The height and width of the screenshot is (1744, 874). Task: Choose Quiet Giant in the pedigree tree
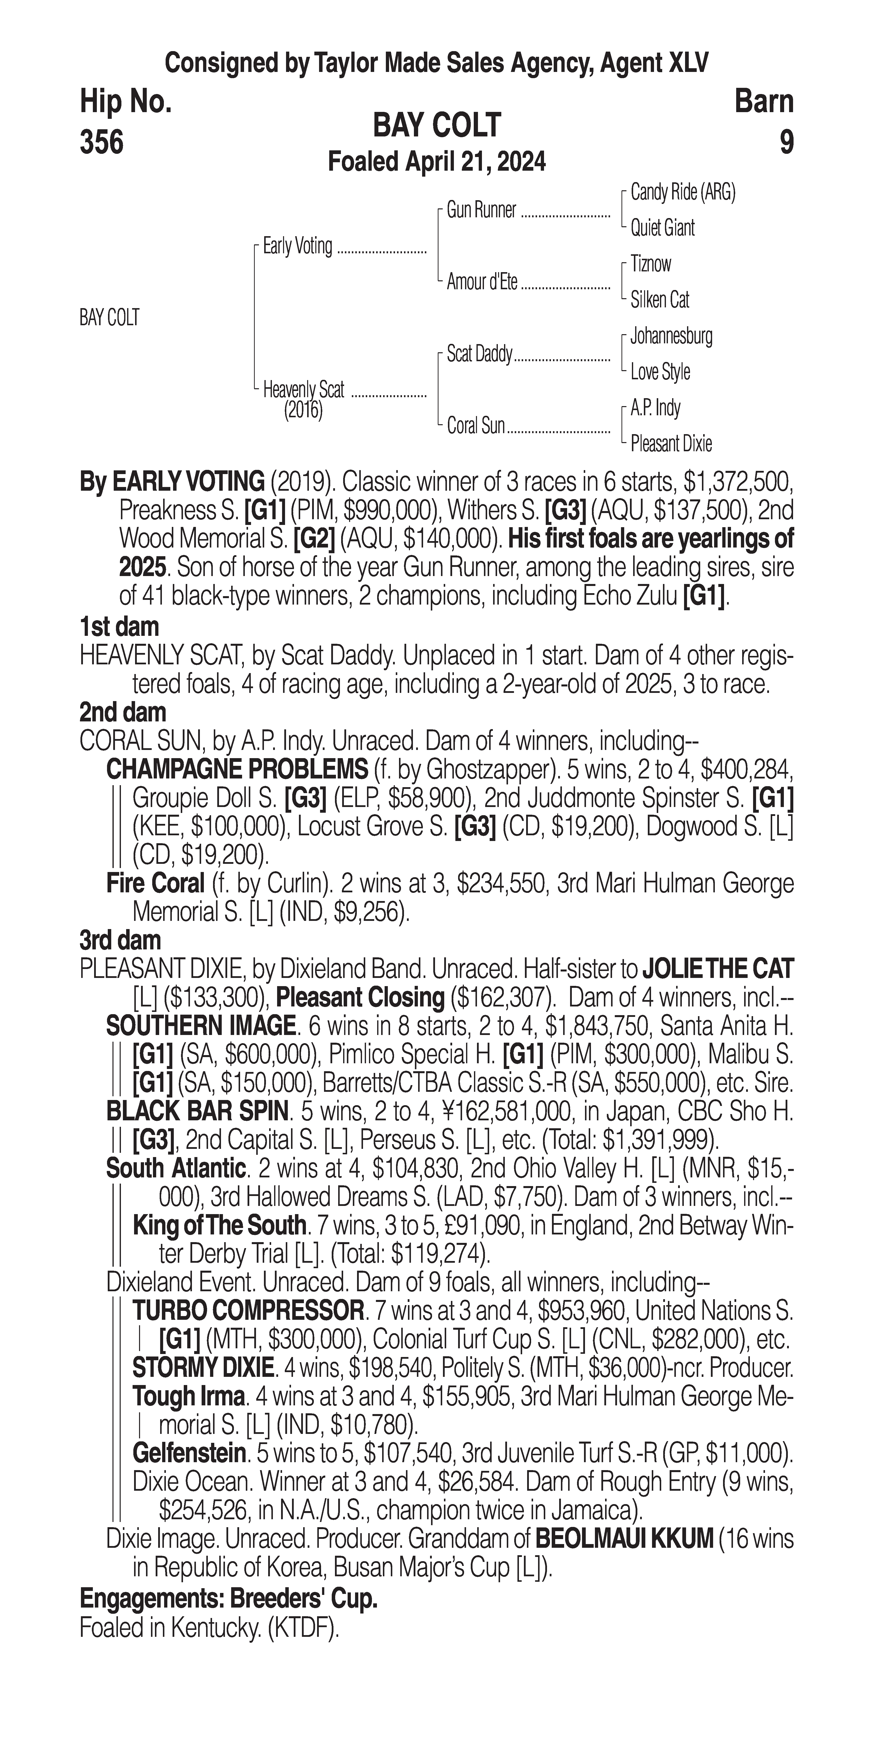pos(662,228)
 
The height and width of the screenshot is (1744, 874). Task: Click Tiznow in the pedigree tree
pos(651,264)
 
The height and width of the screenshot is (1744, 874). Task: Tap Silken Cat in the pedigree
pos(660,300)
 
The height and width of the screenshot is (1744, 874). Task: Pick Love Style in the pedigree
pos(660,372)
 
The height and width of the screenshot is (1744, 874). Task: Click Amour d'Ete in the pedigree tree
pos(482,282)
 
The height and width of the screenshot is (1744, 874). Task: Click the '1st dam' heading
pos(119,627)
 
